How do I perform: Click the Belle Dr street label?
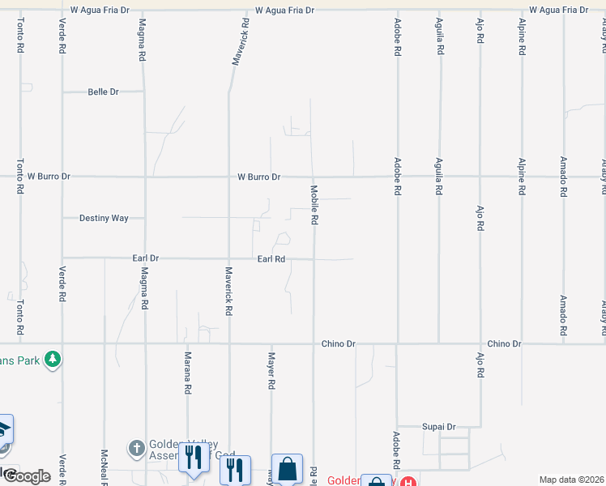coord(103,92)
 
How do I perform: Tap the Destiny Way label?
coord(104,218)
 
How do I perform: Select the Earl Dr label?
coord(145,258)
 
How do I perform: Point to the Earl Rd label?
coord(271,259)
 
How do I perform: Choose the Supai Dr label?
coord(439,427)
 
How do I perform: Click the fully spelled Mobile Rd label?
coord(314,205)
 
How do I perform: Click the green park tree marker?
coord(53,358)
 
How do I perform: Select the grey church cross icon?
coord(136,447)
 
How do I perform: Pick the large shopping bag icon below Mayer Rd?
coord(287,468)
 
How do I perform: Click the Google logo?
coord(26,476)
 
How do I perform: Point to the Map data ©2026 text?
coord(571,480)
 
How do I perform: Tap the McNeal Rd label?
coord(104,467)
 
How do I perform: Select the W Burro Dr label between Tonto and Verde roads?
coord(49,176)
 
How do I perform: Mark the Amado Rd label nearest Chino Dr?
coord(562,314)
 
